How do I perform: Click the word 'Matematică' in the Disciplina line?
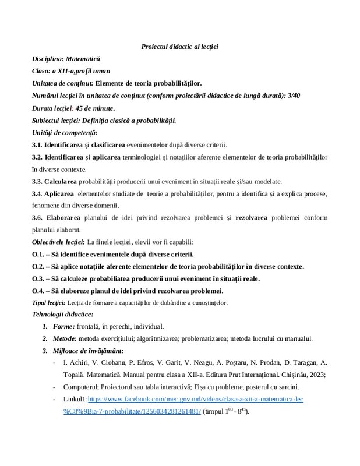83,59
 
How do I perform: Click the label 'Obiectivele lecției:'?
58,242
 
